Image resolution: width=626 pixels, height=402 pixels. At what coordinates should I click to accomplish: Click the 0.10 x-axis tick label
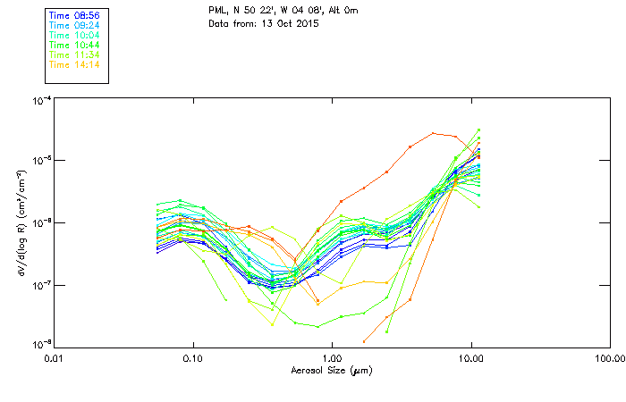[x=192, y=358]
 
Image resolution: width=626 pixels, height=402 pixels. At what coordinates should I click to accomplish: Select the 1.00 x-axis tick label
[x=332, y=358]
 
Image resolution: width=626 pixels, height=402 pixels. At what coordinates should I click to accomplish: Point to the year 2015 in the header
[x=308, y=22]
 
